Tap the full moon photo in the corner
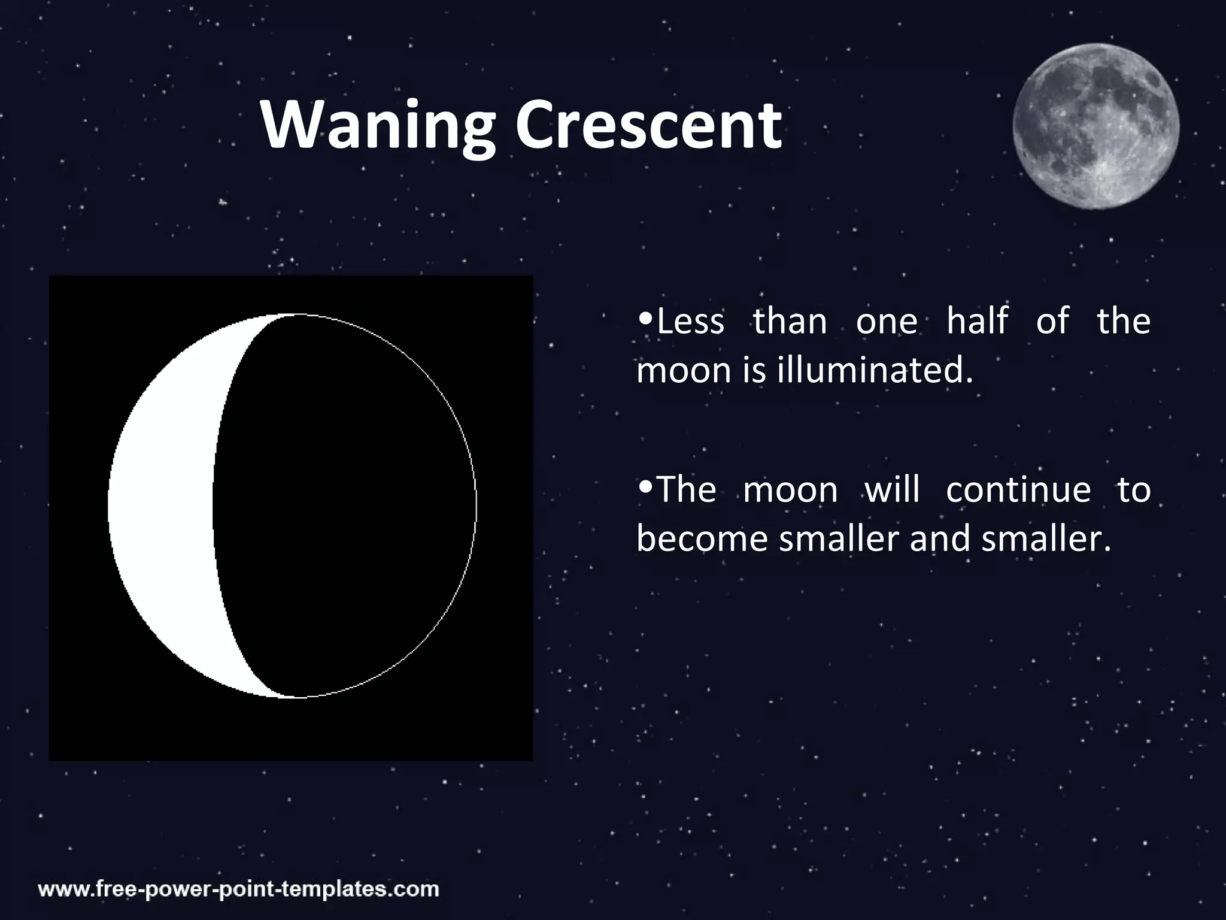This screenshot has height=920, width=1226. (x=1095, y=126)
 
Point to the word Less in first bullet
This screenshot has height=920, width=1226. (x=690, y=321)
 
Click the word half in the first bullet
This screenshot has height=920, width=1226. (x=977, y=321)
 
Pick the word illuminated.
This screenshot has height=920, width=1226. (x=875, y=371)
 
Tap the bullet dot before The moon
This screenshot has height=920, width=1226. (x=645, y=485)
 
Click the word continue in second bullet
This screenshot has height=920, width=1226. (x=1018, y=490)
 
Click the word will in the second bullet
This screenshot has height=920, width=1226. (x=892, y=490)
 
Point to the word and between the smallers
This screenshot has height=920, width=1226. (x=939, y=538)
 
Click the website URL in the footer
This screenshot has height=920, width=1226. (x=239, y=888)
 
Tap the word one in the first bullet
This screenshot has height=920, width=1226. (x=886, y=322)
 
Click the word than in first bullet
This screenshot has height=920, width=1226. (x=790, y=321)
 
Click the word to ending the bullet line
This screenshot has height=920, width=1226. (x=1133, y=490)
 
